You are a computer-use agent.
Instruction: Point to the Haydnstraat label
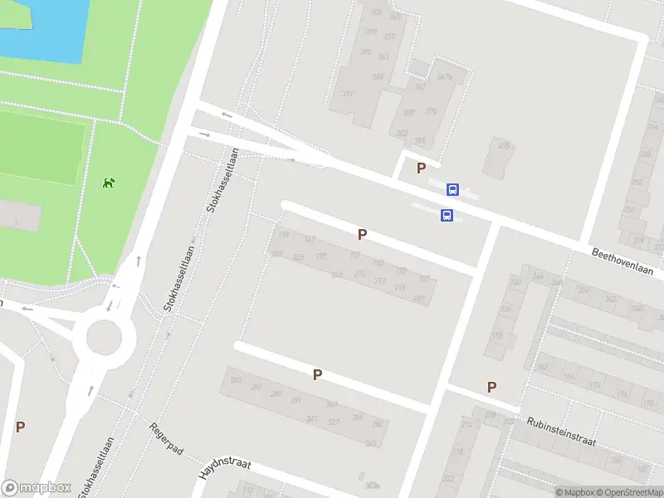tap(224, 470)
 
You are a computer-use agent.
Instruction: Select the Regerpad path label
tap(165, 441)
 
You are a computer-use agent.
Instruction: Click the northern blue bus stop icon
tap(452, 189)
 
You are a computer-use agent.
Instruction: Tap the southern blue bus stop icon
tap(447, 217)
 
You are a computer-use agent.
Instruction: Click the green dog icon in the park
tap(107, 182)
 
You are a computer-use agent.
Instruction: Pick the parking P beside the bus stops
tap(421, 168)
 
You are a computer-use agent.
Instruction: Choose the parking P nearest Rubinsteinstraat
tap(491, 387)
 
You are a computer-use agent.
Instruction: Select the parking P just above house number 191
tap(362, 235)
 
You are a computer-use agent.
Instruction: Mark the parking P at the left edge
tap(20, 427)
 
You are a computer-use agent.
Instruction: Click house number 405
tap(503, 146)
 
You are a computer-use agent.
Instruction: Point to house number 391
tap(347, 94)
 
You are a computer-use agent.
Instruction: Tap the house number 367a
tap(444, 76)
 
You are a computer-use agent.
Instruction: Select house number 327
tap(334, 422)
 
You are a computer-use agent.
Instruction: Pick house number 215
tap(359, 273)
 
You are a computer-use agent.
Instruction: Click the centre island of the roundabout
tap(105, 338)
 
